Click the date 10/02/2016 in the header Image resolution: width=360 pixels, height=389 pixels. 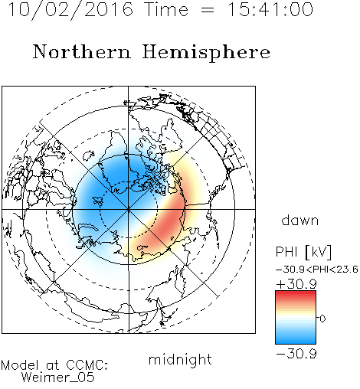tap(70, 10)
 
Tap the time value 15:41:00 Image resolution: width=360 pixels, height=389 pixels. tap(270, 10)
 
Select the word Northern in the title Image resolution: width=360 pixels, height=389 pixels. tap(82, 52)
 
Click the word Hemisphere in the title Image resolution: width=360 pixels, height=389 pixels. tap(206, 53)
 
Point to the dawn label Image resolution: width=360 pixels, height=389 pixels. tap(300, 221)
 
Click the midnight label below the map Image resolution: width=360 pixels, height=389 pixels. tap(180, 360)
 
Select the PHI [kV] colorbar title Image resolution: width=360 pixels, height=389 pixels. tap(303, 252)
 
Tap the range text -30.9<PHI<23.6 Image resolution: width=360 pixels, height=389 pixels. tap(317, 270)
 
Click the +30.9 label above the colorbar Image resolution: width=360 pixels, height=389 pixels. tap(296, 284)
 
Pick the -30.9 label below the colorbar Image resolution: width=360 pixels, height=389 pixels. tap(296, 354)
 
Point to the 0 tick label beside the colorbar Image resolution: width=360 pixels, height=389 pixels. tap(322, 319)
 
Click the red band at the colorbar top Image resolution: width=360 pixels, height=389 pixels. tap(296, 294)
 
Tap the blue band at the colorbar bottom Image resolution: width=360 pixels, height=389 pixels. tap(296, 340)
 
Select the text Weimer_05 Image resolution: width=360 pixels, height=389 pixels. tap(58, 378)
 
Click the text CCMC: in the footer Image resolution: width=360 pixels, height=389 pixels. tap(87, 365)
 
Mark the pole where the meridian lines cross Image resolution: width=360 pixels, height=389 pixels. tap(129, 209)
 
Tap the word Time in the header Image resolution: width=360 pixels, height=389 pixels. tap(166, 10)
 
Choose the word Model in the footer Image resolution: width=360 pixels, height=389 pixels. tap(20, 365)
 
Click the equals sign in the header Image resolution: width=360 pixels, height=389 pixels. tap(208, 10)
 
